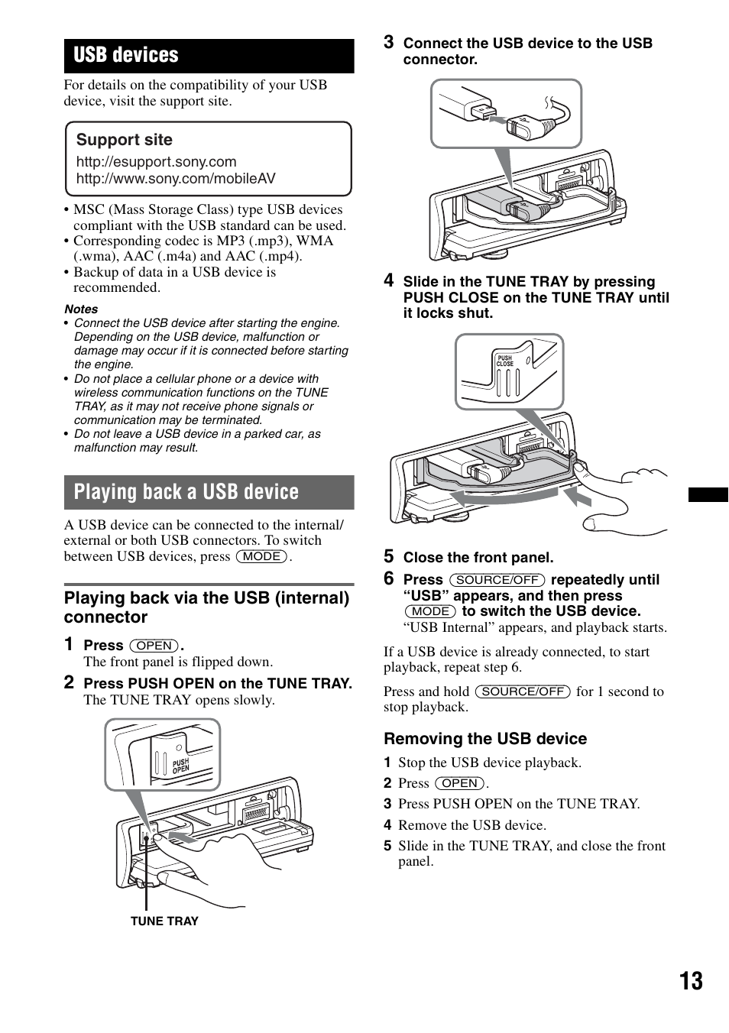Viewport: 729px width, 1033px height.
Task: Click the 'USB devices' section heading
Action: (x=126, y=56)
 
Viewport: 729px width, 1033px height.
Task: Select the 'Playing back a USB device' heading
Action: (x=186, y=492)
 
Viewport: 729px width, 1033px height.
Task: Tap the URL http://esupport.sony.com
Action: (x=156, y=162)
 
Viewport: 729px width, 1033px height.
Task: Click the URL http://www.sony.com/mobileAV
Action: (x=176, y=179)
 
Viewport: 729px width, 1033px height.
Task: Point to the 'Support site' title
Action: (x=125, y=140)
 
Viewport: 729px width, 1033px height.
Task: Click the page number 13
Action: (x=691, y=981)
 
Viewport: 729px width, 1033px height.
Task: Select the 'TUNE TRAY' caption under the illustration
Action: (x=164, y=921)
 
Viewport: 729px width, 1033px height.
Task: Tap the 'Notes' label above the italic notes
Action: (x=81, y=309)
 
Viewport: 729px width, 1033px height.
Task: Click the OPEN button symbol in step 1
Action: (x=154, y=646)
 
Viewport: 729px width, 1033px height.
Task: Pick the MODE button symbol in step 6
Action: (x=430, y=611)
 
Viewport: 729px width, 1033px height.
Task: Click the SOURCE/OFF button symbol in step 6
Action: (x=497, y=580)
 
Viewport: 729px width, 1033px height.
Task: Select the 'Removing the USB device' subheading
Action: (x=485, y=739)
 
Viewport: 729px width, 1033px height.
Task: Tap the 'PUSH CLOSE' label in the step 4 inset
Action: (x=505, y=361)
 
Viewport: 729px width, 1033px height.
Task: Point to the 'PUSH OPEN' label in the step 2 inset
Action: (x=180, y=766)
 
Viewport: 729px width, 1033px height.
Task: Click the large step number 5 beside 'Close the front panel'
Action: (x=388, y=556)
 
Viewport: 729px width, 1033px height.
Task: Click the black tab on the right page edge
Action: (x=708, y=494)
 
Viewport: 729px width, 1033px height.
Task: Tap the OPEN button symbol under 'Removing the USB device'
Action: (x=460, y=783)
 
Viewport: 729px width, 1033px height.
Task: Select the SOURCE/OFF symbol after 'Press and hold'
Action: (x=523, y=691)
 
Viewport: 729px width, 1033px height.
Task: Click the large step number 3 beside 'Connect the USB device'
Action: (x=388, y=43)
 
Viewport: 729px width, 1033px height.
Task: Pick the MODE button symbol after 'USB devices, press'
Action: (x=262, y=556)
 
